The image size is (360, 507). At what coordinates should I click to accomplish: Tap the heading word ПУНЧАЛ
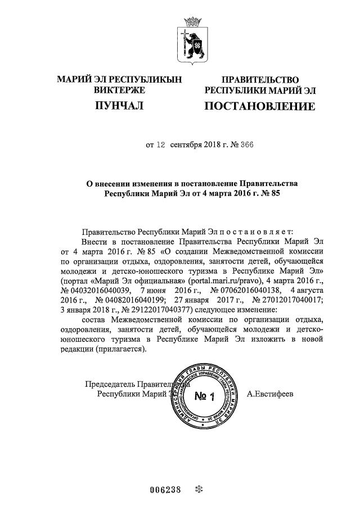pos(119,105)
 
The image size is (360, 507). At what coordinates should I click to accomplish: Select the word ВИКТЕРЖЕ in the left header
pos(119,90)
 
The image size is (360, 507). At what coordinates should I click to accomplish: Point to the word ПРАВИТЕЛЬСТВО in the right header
pos(260,80)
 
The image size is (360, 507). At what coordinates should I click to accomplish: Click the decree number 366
pos(245,144)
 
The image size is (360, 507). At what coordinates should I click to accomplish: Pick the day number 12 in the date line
pos(161,144)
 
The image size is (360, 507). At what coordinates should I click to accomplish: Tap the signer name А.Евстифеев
pos(270,394)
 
